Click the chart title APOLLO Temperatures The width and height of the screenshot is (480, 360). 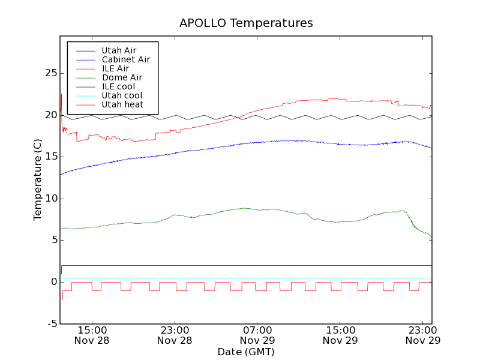246,23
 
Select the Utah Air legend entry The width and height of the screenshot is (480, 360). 119,50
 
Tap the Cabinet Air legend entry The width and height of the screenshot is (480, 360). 125,59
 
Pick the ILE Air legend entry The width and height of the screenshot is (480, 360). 115,68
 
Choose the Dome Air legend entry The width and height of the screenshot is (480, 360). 122,77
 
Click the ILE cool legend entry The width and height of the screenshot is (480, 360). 118,86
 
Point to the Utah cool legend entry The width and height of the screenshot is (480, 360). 122,95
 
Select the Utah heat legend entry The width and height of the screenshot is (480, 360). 122,104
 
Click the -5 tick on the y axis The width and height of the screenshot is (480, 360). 52,324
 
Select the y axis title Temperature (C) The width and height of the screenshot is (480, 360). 37,179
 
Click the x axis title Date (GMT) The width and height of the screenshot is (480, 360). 246,352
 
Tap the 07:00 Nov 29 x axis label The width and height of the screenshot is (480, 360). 257,335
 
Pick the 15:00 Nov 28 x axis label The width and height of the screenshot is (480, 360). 92,335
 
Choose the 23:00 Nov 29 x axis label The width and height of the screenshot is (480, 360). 423,335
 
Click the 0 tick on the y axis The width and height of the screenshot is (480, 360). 54,282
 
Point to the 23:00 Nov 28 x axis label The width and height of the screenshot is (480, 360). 175,335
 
